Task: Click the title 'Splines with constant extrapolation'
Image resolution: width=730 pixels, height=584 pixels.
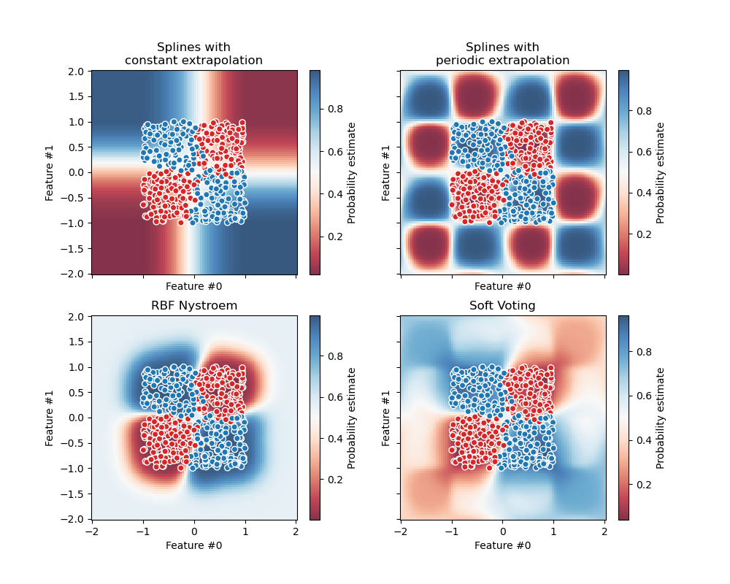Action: [194, 54]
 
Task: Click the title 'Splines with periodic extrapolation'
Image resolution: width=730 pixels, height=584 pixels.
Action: [502, 54]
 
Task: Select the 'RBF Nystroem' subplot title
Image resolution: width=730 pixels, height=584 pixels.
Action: [194, 306]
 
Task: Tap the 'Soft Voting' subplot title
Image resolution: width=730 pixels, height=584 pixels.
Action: [502, 306]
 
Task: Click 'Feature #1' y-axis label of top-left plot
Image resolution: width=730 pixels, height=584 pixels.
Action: [50, 172]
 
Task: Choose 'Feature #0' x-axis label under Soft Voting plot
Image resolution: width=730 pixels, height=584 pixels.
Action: [502, 545]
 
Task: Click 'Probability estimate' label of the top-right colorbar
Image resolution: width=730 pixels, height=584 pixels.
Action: [661, 172]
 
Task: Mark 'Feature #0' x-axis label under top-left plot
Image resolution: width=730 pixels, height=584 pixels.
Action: [194, 287]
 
